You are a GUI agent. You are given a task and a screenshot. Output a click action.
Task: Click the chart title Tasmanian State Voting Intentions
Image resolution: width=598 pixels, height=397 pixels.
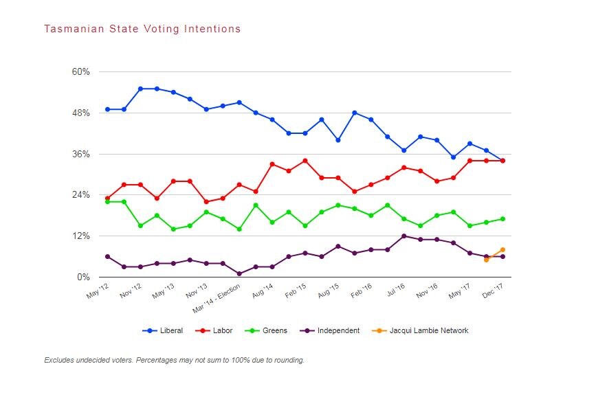coord(142,29)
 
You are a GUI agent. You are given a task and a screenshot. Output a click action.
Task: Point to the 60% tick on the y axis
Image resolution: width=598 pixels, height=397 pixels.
coord(80,72)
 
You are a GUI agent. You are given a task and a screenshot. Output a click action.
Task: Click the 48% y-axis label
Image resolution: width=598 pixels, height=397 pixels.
coord(80,113)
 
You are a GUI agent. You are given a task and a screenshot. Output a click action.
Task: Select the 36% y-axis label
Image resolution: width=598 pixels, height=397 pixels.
coord(80,154)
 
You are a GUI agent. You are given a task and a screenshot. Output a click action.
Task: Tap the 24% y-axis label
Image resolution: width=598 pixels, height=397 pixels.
coord(80,195)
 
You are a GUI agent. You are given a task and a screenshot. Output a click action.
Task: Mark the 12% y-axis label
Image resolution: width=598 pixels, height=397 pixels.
coord(80,236)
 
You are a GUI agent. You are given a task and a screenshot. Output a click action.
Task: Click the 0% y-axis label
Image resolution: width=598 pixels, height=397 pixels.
coord(83,277)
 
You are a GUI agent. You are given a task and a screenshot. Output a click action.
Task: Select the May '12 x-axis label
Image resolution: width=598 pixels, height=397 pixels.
coord(96,291)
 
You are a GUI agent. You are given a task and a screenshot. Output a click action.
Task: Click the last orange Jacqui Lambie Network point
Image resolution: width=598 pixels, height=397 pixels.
coord(503,250)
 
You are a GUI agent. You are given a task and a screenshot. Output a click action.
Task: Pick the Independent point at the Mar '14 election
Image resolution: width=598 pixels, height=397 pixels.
coord(239,274)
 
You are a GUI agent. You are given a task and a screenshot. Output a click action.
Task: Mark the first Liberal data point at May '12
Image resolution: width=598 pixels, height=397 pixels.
coord(107,109)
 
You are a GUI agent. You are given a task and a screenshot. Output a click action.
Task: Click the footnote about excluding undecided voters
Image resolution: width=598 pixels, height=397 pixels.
coord(174,360)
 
